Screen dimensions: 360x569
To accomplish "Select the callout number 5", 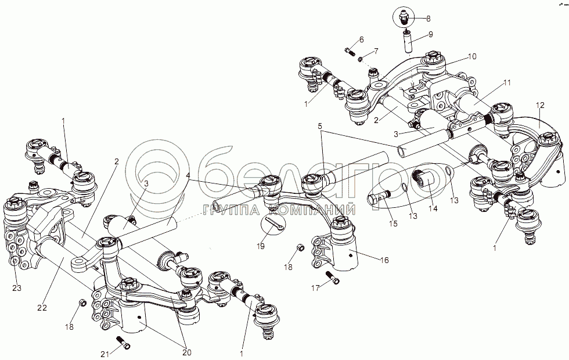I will tap(319, 125).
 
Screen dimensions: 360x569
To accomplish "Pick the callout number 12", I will tap(540, 106).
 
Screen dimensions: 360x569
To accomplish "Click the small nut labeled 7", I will tap(361, 59).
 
